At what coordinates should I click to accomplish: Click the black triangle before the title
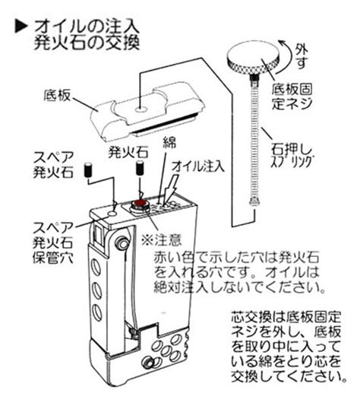pos(21,27)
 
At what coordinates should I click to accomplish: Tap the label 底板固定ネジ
pos(292,97)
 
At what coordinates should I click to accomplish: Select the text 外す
pos(302,57)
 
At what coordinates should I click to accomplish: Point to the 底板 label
pos(57,95)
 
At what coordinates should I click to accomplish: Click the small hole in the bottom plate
pos(141,109)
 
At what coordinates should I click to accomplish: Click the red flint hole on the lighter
pos(139,203)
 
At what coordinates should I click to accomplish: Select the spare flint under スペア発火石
pos(88,170)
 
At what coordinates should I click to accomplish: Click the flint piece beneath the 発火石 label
pos(140,167)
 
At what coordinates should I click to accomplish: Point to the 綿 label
pos(169,142)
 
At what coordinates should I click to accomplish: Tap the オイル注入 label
pos(198,166)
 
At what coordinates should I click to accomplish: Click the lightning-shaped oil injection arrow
pos(169,189)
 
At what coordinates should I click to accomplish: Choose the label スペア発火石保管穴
pos(53,242)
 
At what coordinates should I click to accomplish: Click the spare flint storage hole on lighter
pos(112,214)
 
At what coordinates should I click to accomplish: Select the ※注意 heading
pos(161,239)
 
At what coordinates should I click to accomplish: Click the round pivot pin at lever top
pos(122,242)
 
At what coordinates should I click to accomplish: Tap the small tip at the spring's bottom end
pos(254,201)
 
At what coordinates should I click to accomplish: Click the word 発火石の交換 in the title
pos(87,42)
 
